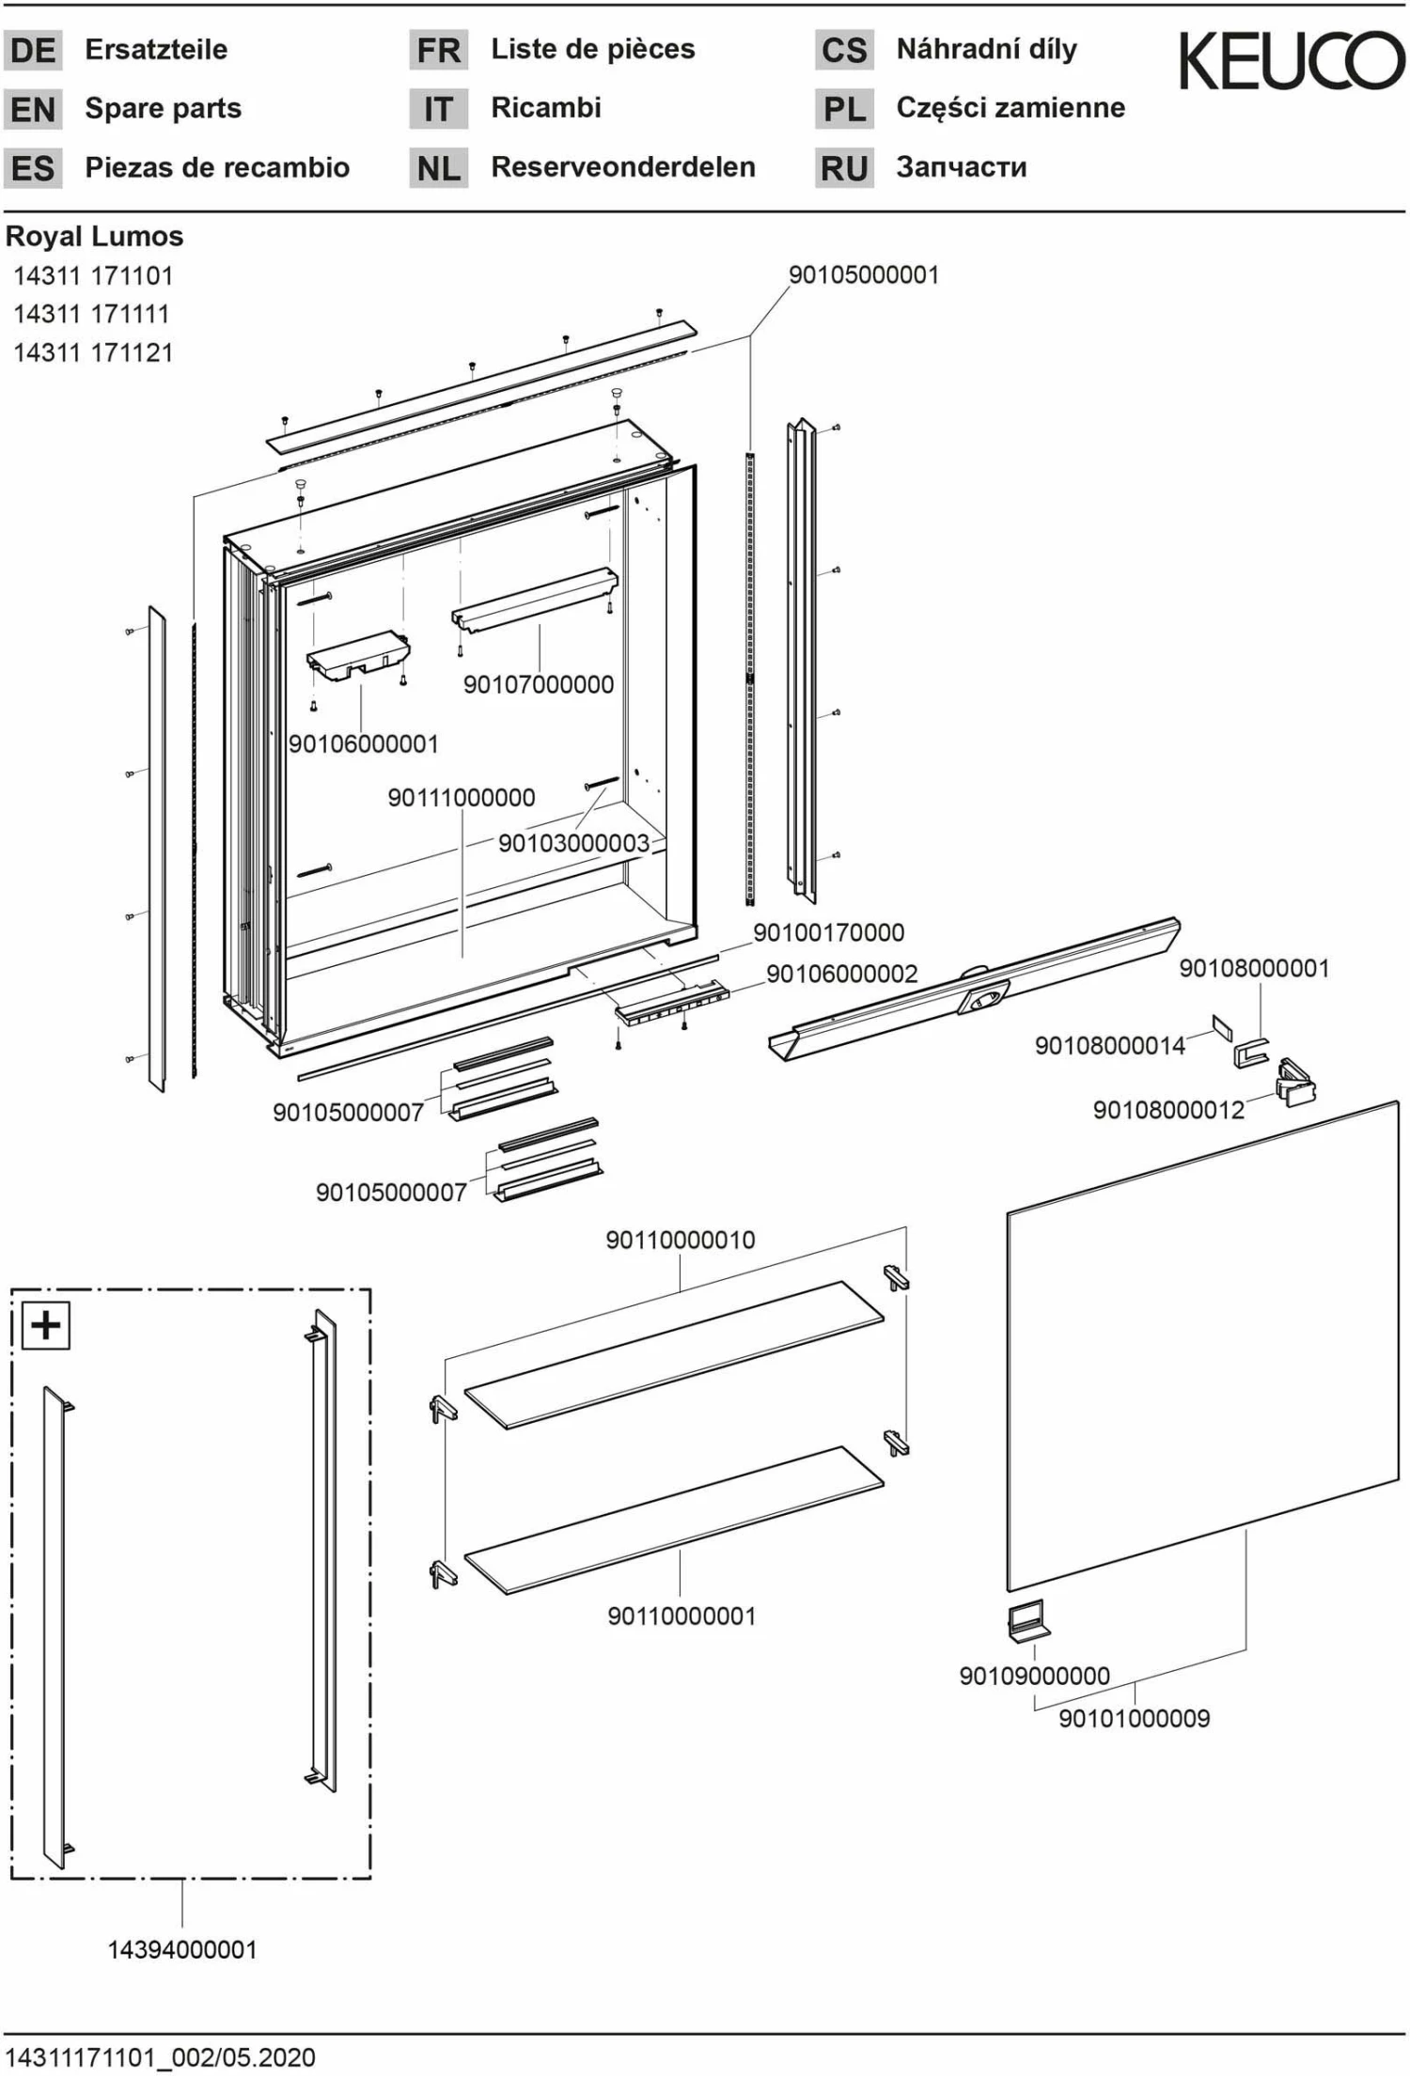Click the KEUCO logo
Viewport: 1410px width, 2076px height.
(x=1292, y=60)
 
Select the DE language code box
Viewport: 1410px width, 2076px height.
(x=33, y=50)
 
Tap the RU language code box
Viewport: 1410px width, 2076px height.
(x=843, y=168)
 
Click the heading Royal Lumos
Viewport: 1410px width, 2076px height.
(x=94, y=236)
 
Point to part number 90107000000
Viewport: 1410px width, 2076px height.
(x=538, y=684)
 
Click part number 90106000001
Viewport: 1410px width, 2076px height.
(x=363, y=743)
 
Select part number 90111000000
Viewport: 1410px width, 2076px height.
(x=461, y=798)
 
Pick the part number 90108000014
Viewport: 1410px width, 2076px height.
(x=1109, y=1045)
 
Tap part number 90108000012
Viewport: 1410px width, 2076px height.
(x=1167, y=1110)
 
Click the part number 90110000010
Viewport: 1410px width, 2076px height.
(x=680, y=1240)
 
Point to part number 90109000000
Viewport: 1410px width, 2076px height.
(x=1034, y=1676)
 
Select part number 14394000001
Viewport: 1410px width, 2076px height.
(x=181, y=1949)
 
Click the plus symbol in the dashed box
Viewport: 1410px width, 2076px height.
(x=46, y=1325)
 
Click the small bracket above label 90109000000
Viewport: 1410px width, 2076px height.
(x=1028, y=1620)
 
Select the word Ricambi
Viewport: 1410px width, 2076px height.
(x=545, y=108)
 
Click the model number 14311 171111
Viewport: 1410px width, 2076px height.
(x=91, y=314)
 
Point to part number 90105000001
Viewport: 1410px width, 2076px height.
(x=863, y=274)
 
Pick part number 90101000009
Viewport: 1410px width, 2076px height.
(x=1134, y=1718)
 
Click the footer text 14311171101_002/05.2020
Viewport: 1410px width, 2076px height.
(x=161, y=2057)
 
